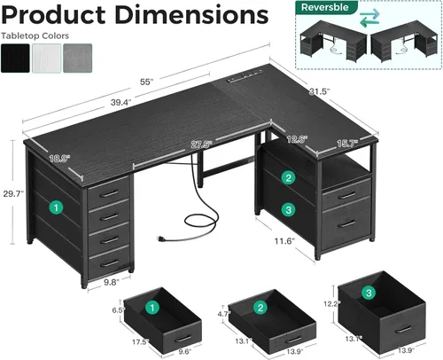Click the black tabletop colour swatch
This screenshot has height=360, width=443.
pyautogui.click(x=16, y=57)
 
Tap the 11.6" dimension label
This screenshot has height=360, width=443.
pyautogui.click(x=283, y=240)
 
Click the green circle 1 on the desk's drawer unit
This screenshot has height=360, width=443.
pyautogui.click(x=57, y=207)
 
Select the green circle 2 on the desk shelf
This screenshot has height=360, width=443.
pyautogui.click(x=287, y=178)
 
